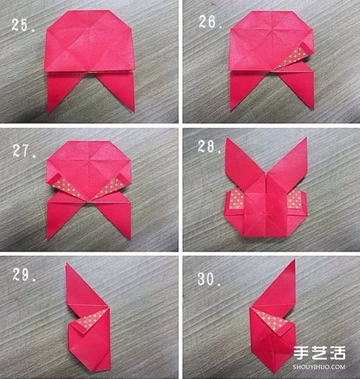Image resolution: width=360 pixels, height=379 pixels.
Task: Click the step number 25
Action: pos(23,25)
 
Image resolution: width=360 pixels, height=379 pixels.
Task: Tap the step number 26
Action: pos(210,22)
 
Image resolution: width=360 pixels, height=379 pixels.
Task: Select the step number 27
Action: pos(24,151)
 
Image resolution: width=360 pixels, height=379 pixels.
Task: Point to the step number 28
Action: pos(209,147)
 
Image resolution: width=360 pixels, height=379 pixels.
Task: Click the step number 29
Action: pos(24,275)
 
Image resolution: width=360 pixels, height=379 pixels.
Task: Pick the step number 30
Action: pos(209,279)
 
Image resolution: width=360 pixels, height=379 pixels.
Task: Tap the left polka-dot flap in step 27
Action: pos(65,187)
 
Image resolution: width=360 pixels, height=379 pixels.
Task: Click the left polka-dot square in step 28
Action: pos(236,199)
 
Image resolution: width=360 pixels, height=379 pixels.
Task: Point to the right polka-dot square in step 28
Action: pos(294,198)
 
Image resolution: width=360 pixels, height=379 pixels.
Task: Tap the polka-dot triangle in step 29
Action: pos(92,319)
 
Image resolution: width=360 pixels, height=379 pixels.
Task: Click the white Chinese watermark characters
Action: pos(320,354)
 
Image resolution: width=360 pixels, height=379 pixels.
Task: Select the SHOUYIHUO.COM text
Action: pos(319,367)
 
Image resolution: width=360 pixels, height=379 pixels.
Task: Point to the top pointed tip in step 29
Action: pos(66,264)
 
